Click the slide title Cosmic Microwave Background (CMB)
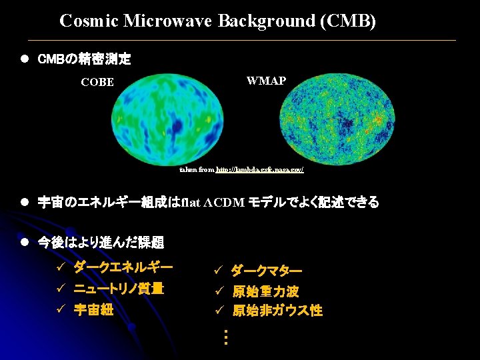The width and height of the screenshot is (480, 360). [x=217, y=21]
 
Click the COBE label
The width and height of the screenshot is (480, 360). [x=97, y=83]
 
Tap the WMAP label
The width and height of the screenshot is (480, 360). [x=266, y=81]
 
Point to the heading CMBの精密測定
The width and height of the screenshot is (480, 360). [x=84, y=59]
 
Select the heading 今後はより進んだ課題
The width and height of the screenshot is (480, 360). [x=101, y=242]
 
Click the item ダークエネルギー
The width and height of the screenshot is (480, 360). [x=123, y=267]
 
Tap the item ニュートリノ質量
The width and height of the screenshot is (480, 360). [x=118, y=289]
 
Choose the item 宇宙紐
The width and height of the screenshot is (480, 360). [x=93, y=310]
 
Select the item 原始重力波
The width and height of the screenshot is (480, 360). [x=265, y=291]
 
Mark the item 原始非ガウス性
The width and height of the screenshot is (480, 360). [x=277, y=311]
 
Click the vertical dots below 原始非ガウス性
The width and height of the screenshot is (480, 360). [x=226, y=337]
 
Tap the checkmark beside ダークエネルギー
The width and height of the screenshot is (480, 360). [x=60, y=268]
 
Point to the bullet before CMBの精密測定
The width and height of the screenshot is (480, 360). [x=23, y=59]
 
